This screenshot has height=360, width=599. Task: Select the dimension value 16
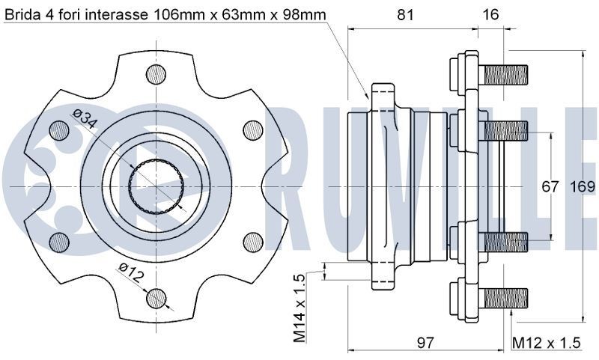click(490, 14)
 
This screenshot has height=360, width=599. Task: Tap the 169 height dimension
click(582, 186)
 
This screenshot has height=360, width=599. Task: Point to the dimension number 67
click(550, 186)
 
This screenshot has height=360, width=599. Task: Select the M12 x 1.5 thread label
click(546, 343)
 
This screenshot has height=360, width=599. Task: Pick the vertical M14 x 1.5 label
click(299, 307)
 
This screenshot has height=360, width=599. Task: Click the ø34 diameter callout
click(85, 120)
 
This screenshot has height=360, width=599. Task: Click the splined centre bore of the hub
click(156, 185)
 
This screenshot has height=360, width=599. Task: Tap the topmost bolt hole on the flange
click(156, 73)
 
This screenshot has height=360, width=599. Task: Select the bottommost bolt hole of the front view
click(156, 297)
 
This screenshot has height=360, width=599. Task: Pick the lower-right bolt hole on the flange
click(252, 241)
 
